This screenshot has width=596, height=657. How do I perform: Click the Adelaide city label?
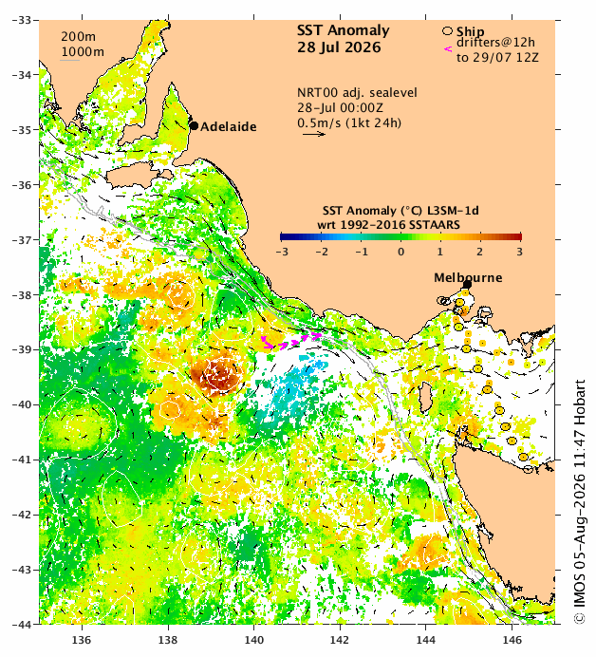(229, 126)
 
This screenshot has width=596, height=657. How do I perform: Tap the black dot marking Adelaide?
(194, 125)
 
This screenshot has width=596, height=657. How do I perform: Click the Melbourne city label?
(468, 277)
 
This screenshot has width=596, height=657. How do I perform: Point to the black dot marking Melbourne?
(467, 285)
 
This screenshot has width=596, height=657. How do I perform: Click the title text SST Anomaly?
(343, 30)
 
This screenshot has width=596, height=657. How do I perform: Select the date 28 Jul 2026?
(339, 47)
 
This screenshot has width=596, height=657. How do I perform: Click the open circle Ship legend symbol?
(447, 31)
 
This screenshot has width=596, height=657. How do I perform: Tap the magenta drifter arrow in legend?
(448, 49)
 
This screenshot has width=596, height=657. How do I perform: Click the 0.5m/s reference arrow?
(314, 134)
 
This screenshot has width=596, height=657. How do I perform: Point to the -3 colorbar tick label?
(282, 252)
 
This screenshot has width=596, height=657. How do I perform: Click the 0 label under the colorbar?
(400, 252)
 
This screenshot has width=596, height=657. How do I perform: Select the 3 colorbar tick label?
(519, 252)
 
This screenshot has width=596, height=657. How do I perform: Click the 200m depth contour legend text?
(79, 37)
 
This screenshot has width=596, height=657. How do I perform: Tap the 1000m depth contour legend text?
(83, 52)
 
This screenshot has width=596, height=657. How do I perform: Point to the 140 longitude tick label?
(253, 640)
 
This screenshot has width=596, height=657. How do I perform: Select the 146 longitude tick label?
(512, 640)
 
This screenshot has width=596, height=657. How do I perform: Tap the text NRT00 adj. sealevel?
(357, 93)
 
